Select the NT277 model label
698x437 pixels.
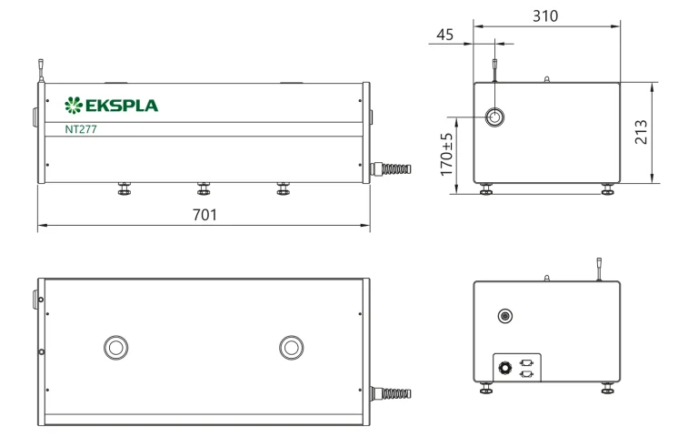(x=83, y=129)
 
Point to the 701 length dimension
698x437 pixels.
(x=204, y=215)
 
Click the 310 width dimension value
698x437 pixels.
(x=545, y=16)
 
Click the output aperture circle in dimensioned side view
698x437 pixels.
(x=495, y=117)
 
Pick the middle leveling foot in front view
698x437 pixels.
(x=204, y=188)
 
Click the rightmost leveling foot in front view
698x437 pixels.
(x=284, y=188)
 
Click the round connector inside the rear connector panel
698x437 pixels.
(x=503, y=369)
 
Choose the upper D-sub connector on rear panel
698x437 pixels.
(x=525, y=362)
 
